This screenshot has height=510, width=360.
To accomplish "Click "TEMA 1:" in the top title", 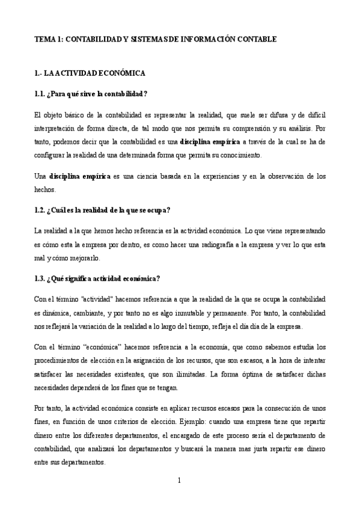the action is click(48, 39).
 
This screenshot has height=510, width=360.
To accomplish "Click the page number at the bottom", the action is click(180, 480).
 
